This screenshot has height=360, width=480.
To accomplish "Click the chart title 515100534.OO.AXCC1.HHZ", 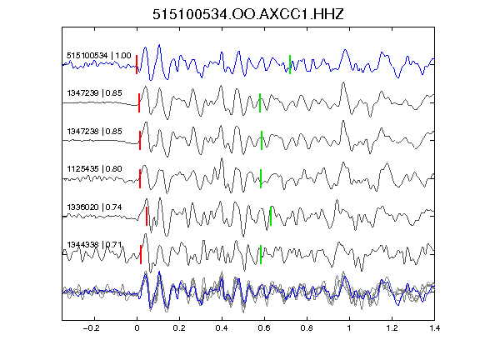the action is (248, 14).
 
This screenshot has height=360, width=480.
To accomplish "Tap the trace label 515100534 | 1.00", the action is (99, 56).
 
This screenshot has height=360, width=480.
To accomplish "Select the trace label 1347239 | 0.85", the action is (95, 93).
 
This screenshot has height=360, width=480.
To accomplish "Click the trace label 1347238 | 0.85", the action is (95, 132).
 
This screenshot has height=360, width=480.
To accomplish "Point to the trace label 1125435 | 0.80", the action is (95, 169).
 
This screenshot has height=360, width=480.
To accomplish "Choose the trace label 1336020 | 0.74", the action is (95, 207).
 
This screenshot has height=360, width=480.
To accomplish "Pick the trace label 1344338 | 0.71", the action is (95, 245).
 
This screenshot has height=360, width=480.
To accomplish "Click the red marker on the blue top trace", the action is (137, 65).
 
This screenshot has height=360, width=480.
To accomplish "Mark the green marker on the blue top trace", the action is (290, 65).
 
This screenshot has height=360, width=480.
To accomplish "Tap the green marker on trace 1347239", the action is (260, 102).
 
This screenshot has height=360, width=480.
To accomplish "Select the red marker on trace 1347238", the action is (140, 141).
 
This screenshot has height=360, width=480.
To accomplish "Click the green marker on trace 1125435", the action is (261, 179).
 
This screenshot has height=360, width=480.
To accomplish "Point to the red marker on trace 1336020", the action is (147, 216).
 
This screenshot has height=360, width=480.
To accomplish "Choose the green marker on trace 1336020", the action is (271, 216).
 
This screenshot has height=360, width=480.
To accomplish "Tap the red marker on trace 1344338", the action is (141, 254).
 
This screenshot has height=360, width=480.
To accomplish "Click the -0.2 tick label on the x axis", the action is (92, 328).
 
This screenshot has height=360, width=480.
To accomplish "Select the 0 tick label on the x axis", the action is (137, 328).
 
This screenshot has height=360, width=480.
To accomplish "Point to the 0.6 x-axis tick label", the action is (264, 328).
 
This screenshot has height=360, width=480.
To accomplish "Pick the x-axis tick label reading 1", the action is (349, 328).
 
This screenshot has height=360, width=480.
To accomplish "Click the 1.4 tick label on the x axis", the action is (435, 328).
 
